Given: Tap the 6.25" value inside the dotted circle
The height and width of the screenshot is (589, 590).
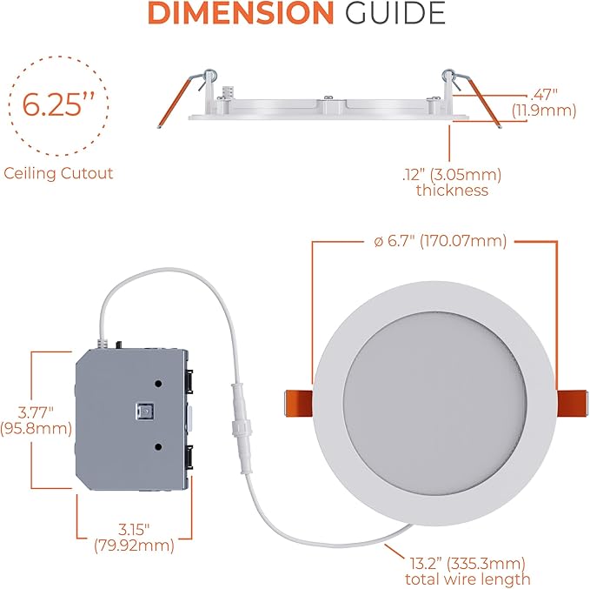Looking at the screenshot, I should pos(59,105).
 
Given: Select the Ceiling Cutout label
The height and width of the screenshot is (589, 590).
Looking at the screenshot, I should pos(58,173).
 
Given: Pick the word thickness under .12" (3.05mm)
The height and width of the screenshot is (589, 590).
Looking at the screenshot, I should pos(452,190).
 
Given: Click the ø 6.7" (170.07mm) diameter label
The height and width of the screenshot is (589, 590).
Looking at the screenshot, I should pos(434,241).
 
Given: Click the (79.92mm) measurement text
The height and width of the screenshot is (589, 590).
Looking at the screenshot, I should pos(133,546).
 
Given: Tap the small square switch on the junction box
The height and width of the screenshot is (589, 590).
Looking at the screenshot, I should pos(145,410).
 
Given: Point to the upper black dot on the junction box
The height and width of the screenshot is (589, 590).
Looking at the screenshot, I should pos(160,384).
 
